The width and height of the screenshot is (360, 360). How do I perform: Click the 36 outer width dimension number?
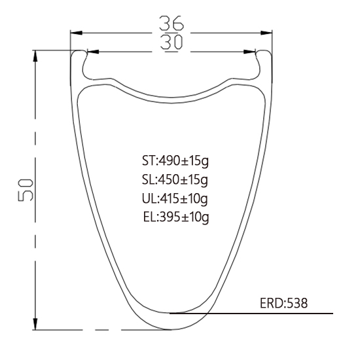tap(171, 23)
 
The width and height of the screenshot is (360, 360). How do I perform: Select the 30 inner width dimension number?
tap(171, 43)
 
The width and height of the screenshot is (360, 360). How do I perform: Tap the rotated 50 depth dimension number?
tap(26, 190)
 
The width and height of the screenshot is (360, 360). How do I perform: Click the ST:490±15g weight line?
tap(175, 161)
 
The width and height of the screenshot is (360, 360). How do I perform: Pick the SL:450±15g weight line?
tap(175, 180)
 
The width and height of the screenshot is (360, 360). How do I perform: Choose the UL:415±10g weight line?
tap(175, 198)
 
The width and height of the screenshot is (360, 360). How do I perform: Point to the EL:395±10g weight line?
tap(176, 217)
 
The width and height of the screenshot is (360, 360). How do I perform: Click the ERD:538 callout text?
tap(283, 303)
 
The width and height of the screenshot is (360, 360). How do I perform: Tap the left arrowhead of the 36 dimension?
tap(76, 33)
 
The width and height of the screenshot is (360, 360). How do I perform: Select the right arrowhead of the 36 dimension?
tap(266, 33)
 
